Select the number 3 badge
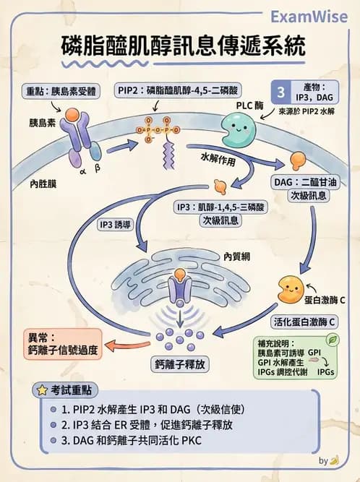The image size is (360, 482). tap(280, 92)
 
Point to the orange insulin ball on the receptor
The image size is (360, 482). tap(73, 113)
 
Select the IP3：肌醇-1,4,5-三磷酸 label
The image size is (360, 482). tap(220, 207)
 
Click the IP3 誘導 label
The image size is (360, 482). tap(116, 225)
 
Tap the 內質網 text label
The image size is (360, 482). tap(236, 257)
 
